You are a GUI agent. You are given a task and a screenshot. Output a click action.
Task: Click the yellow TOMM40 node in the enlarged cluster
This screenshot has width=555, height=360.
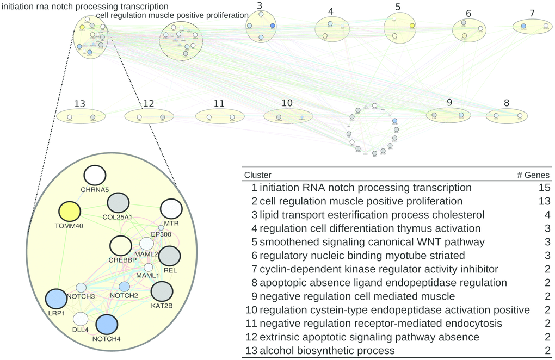click(x=69, y=212)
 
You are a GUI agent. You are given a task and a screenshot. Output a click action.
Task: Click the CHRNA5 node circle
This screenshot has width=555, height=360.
click(x=95, y=175)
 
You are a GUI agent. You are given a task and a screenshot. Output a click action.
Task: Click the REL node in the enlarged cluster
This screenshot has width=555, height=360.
click(x=169, y=256)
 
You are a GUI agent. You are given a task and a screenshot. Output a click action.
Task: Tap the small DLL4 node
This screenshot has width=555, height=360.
click(x=81, y=319)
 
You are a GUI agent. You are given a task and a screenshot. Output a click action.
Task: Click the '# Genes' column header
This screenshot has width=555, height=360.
click(x=533, y=175)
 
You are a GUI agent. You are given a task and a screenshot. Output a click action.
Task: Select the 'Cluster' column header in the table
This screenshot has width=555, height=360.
click(x=257, y=175)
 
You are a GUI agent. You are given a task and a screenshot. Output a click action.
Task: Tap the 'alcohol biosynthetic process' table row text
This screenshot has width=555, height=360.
click(x=328, y=350)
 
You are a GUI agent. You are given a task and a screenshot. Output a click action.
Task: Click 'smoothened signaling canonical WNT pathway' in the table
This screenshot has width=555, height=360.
click(x=372, y=242)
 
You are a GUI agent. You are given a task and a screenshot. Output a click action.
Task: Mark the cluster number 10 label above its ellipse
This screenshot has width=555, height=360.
click(x=287, y=103)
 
